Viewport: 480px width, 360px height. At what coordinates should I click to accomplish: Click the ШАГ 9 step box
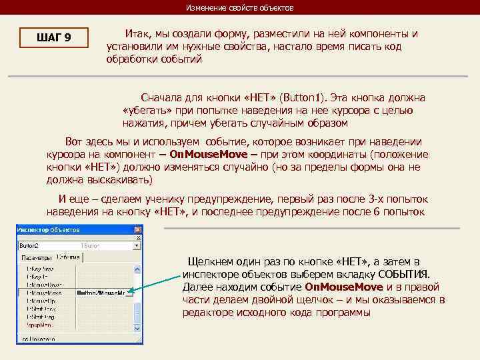[x=54, y=38]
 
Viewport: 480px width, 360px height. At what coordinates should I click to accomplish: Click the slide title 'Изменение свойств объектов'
[x=239, y=7]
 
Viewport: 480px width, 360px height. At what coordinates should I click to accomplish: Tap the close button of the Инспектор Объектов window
[x=138, y=231]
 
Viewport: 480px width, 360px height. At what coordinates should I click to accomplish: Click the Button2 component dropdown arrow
[x=137, y=245]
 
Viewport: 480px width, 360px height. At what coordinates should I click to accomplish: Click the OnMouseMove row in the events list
[x=45, y=292]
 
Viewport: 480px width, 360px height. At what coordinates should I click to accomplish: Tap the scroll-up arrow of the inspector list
[x=137, y=267]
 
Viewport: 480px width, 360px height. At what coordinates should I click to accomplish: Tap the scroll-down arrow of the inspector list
[x=137, y=329]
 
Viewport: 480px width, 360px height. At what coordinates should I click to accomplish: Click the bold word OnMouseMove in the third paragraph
[x=209, y=154]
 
